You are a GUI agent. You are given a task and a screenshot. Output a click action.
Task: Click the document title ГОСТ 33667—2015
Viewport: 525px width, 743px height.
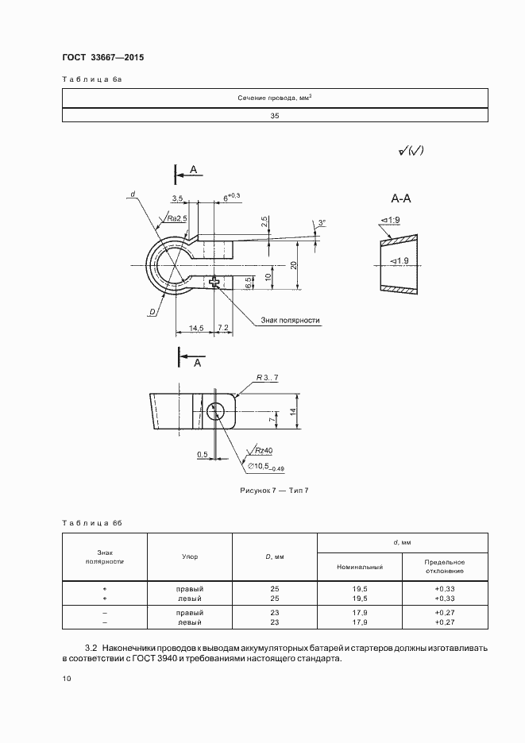click(103, 57)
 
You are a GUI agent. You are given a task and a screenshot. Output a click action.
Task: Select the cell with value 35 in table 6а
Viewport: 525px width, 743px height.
click(275, 115)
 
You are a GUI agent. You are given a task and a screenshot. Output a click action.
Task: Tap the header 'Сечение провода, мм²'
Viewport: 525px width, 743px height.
click(275, 98)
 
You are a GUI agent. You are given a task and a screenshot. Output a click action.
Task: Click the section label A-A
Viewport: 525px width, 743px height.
click(401, 198)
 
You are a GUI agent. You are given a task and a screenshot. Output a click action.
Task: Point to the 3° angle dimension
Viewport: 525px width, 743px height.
click(322, 222)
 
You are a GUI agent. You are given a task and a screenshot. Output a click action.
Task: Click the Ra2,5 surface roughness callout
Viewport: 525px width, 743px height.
click(177, 218)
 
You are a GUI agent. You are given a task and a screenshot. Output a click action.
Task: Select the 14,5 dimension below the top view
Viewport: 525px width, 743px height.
click(196, 327)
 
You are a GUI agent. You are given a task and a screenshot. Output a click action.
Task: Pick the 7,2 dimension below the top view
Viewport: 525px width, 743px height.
click(223, 327)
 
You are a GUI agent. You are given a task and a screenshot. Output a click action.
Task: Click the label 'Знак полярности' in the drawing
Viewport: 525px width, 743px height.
click(290, 321)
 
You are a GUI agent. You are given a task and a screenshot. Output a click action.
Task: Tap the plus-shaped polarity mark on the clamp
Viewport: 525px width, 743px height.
click(214, 282)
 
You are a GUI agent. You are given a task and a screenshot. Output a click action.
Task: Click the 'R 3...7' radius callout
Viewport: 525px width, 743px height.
click(268, 378)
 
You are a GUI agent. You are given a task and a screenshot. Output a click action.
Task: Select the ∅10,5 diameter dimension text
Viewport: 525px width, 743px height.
click(266, 468)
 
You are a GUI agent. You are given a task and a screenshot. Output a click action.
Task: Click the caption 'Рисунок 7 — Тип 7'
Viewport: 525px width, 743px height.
click(275, 491)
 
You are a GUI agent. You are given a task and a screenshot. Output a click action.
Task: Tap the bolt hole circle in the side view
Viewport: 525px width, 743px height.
click(216, 411)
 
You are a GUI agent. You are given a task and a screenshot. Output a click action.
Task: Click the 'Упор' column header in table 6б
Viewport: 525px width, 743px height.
click(190, 556)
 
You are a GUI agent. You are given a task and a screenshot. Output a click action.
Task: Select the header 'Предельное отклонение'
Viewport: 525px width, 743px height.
click(445, 567)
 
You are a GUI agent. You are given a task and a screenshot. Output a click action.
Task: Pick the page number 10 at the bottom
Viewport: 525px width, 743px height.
click(67, 679)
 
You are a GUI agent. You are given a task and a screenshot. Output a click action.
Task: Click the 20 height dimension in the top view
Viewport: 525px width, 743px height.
click(294, 264)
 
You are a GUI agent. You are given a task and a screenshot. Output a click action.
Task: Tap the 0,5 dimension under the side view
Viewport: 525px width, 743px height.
click(203, 455)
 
